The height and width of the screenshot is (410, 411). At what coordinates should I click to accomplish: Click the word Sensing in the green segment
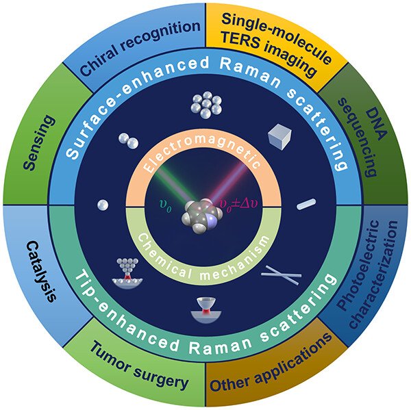39,143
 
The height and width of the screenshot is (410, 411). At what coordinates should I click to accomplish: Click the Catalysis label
41,272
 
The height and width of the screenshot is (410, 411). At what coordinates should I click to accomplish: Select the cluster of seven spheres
207,105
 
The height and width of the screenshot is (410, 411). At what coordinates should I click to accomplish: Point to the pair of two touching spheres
129,141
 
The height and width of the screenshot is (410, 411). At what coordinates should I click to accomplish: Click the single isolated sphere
103,205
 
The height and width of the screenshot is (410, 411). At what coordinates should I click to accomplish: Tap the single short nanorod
306,204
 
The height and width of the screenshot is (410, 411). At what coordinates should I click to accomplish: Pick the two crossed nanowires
282,275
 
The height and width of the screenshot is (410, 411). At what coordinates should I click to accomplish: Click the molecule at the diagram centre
202,216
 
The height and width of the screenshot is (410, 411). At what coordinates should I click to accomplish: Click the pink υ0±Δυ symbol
238,204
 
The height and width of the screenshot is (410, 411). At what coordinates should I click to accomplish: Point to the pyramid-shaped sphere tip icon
127,273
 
